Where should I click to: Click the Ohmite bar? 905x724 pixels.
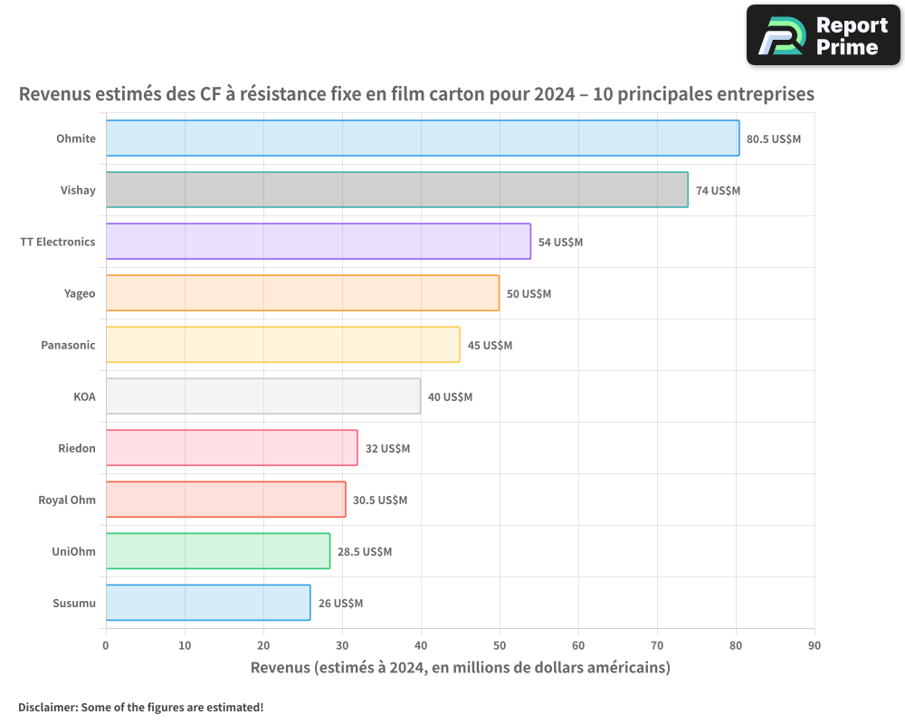click(x=423, y=138)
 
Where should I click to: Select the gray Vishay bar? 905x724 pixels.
click(x=397, y=189)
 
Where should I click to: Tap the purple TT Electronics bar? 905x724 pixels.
click(x=319, y=242)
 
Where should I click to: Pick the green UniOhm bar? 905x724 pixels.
click(x=218, y=551)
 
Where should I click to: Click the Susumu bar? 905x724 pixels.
click(x=208, y=603)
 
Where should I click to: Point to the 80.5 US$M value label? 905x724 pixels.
click(x=774, y=139)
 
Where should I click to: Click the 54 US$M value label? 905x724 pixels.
click(x=560, y=243)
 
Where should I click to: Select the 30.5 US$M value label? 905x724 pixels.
click(x=380, y=500)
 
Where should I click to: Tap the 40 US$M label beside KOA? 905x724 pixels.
click(x=450, y=397)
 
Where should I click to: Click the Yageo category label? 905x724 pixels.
click(x=80, y=294)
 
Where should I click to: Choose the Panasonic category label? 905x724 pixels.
click(x=68, y=345)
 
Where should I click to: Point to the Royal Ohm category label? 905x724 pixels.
click(x=67, y=500)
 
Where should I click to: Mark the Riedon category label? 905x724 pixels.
click(x=77, y=449)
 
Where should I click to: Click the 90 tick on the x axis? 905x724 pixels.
click(x=814, y=645)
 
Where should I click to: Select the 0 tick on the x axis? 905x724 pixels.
click(x=106, y=645)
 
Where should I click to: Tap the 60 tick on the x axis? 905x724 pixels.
click(x=578, y=645)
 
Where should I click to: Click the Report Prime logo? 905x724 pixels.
click(x=823, y=35)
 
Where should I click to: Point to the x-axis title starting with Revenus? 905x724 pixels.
click(x=461, y=668)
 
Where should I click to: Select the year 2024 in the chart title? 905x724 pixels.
click(x=555, y=93)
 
